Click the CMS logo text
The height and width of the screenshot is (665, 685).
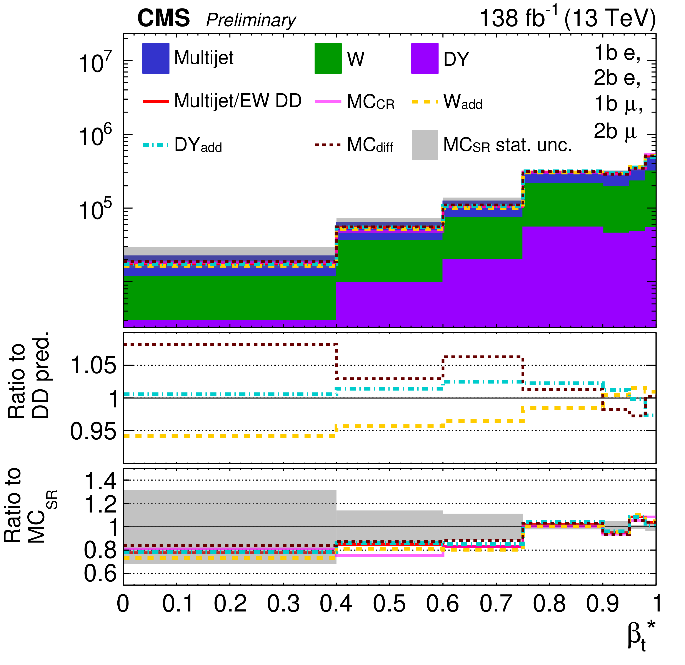tap(163, 18)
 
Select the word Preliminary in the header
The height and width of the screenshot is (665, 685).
tap(251, 20)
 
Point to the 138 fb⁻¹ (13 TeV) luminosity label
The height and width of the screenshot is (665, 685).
tap(567, 18)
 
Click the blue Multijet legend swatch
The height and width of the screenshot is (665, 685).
tap(155, 58)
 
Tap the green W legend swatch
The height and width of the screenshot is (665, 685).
tap(328, 58)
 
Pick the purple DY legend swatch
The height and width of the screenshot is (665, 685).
tap(425, 58)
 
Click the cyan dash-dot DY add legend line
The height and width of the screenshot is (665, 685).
tap(155, 145)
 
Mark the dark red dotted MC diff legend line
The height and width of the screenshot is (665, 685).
tap(328, 144)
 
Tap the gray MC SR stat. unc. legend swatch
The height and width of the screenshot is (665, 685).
tap(425, 145)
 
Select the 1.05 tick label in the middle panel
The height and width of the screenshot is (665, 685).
tap(93, 366)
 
